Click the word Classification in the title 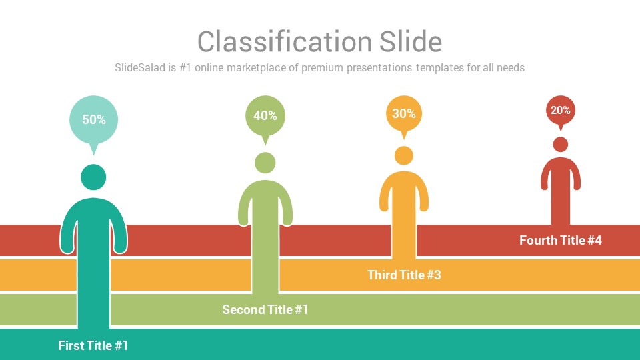click(x=285, y=41)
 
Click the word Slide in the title click(x=411, y=41)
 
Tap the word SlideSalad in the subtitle click(x=139, y=67)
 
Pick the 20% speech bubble click(x=561, y=112)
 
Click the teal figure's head click(x=93, y=177)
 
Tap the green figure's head click(x=265, y=163)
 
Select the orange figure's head click(x=404, y=155)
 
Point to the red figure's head click(x=561, y=145)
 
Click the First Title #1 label click(x=93, y=346)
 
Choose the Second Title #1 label click(x=265, y=310)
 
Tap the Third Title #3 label click(x=404, y=275)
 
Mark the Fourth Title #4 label click(x=561, y=241)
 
